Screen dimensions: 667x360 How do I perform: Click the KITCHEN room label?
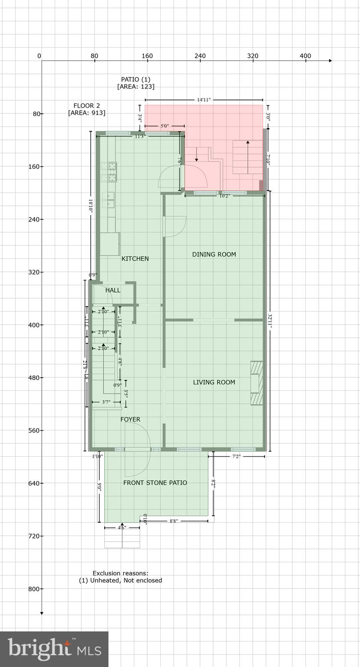[x=135, y=258]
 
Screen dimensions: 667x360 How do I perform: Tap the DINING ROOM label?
[x=214, y=254]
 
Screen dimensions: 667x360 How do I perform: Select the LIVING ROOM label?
[x=214, y=382]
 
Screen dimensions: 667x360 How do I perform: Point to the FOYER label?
[x=130, y=419]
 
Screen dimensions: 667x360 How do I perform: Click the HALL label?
[x=113, y=290]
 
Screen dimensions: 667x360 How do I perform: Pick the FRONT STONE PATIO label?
[x=155, y=482]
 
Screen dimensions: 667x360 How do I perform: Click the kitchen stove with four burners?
[x=109, y=172]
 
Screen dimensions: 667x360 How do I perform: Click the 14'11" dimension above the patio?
[x=204, y=100]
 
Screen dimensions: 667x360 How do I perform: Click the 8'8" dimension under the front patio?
[x=173, y=521]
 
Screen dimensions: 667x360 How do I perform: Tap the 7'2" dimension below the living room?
[x=236, y=456]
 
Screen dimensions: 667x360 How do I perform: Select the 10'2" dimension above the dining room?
[x=224, y=196]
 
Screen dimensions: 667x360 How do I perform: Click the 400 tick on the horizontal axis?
[x=305, y=56]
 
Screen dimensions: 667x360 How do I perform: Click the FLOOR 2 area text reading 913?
[x=86, y=113]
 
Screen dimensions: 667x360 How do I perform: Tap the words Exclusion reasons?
[x=120, y=573]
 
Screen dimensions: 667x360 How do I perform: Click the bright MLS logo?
[x=54, y=649]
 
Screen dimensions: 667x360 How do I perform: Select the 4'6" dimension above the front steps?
[x=122, y=528]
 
